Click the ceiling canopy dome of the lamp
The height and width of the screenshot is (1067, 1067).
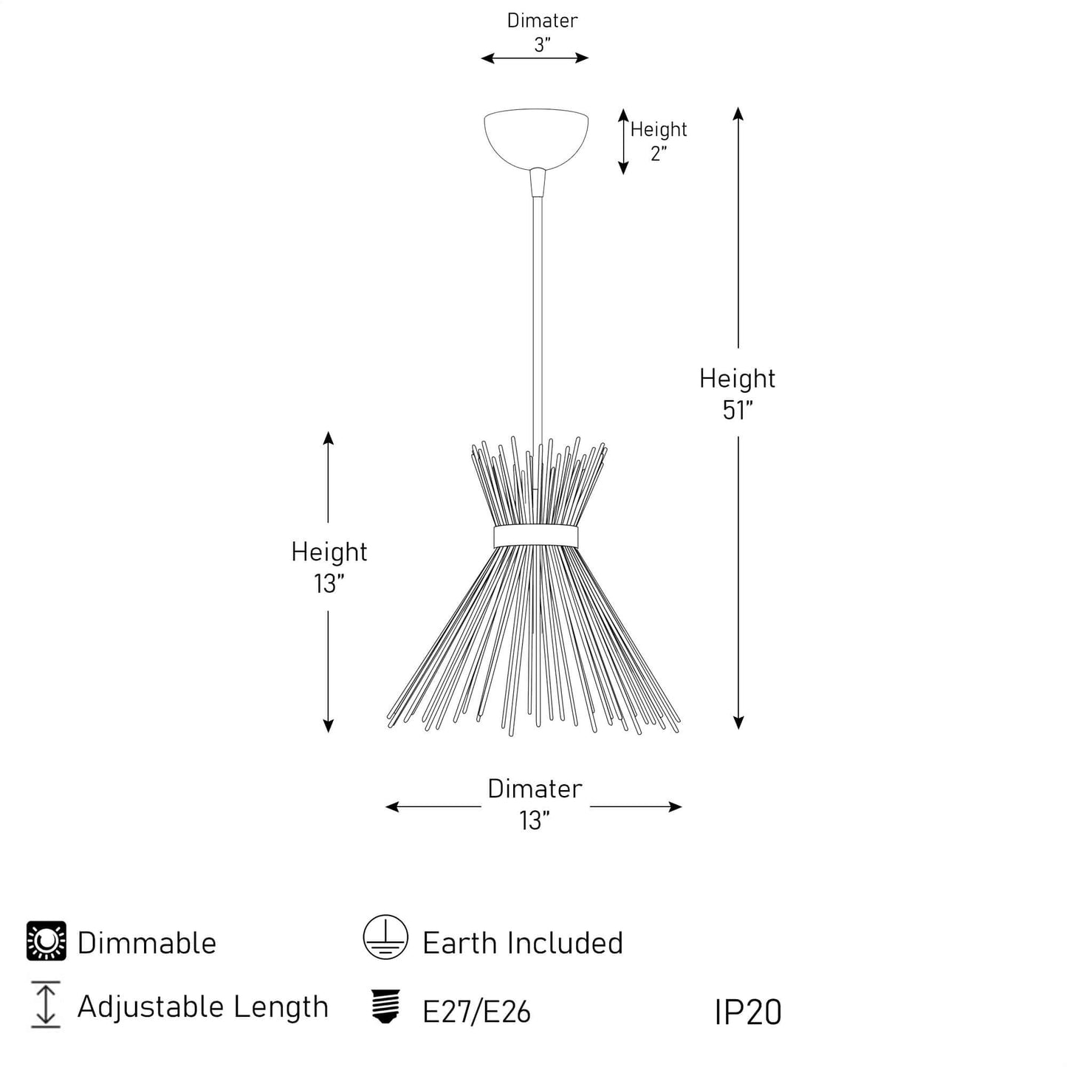(x=535, y=137)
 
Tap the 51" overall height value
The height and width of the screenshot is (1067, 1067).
(x=737, y=411)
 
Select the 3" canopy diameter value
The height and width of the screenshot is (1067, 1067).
(x=542, y=45)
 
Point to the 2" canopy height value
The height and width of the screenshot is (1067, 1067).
(x=658, y=154)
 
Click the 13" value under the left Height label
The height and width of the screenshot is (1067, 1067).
(x=329, y=583)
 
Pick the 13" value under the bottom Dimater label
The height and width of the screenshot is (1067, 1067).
(x=535, y=820)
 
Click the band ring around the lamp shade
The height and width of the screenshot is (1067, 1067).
(x=535, y=536)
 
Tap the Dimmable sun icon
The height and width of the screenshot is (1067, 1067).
(x=47, y=941)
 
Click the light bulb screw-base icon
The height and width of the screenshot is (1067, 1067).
(x=385, y=1006)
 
